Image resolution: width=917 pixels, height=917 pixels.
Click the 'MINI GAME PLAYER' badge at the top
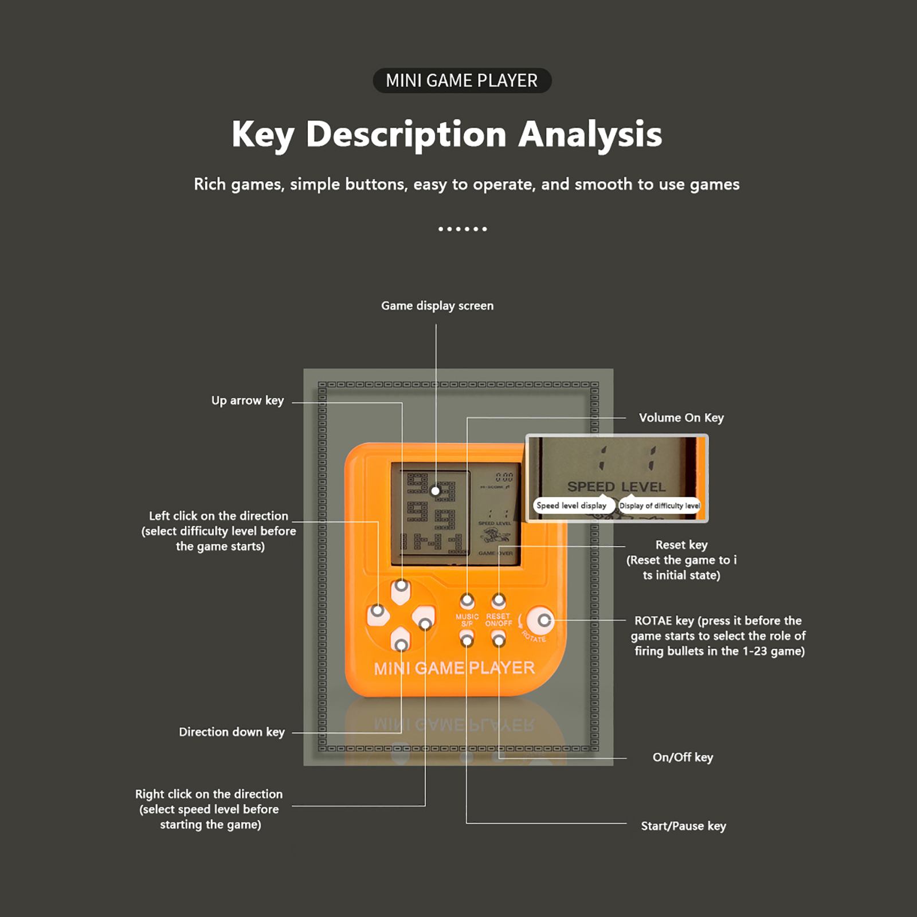462,81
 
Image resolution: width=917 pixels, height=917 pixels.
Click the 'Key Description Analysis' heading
446,135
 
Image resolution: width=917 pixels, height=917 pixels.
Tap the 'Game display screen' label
437,306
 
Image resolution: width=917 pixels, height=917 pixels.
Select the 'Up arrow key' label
248,401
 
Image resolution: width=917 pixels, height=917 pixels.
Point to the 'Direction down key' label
232,732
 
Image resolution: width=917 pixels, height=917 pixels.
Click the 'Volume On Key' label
681,418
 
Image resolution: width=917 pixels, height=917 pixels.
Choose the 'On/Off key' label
683,757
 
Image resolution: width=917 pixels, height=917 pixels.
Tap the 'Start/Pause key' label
683,826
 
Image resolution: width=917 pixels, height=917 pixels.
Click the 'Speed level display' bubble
571,505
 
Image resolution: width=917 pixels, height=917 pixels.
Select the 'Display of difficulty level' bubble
660,505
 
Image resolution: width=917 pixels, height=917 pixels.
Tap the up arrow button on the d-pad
401,589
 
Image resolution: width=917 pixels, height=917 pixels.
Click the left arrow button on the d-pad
378,614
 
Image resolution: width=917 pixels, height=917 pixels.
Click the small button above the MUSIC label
468,601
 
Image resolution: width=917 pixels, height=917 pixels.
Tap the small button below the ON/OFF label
499,639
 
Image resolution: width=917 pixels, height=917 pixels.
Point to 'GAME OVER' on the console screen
496,553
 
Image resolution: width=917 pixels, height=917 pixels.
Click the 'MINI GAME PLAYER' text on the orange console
454,668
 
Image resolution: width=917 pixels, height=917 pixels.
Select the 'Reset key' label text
681,544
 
